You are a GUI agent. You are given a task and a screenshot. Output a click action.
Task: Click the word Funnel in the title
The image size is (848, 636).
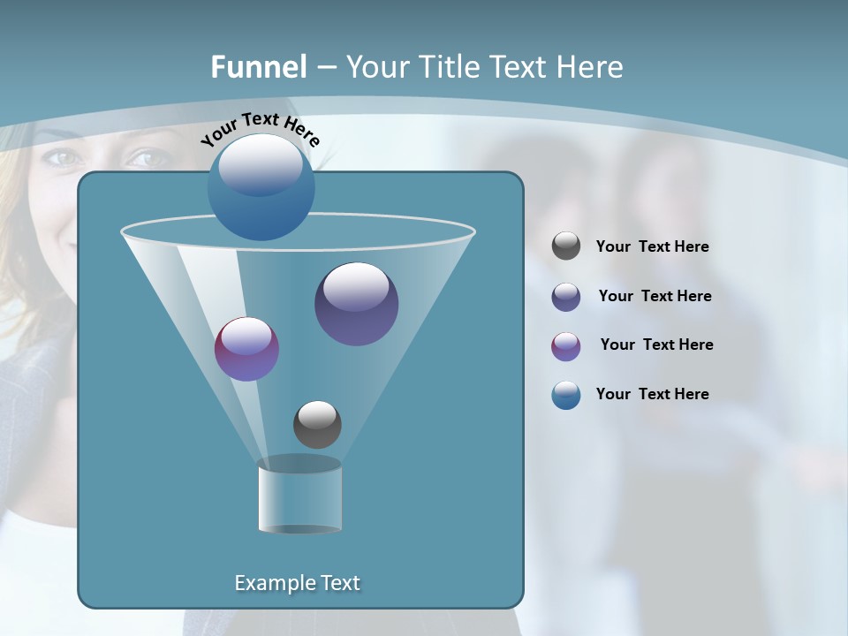click(x=258, y=67)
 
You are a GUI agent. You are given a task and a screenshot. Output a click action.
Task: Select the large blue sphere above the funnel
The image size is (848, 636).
click(x=261, y=186)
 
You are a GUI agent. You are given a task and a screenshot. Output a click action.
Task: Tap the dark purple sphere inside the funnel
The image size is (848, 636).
click(x=356, y=304)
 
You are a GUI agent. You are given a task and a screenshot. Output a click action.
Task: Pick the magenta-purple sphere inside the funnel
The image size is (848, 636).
click(x=246, y=349)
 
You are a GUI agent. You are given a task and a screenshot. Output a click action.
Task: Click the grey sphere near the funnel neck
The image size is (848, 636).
click(x=317, y=424)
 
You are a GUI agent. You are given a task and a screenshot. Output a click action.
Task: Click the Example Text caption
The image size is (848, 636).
click(x=297, y=583)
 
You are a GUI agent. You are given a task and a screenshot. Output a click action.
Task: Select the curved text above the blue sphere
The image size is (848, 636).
click(x=260, y=127)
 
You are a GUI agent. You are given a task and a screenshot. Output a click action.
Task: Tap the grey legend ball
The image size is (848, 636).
click(x=566, y=246)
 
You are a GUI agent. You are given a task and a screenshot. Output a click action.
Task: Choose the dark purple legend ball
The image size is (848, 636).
click(x=566, y=297)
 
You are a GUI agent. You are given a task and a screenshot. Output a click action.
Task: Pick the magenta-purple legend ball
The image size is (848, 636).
click(x=566, y=346)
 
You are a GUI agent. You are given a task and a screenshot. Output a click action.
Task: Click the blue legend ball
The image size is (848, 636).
click(x=566, y=395)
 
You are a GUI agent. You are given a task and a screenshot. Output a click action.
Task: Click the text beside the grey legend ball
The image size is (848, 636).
click(x=652, y=247)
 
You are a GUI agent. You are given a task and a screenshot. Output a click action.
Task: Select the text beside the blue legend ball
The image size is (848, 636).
click(x=652, y=394)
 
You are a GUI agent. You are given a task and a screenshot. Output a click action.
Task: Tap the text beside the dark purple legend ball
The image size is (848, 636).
click(x=655, y=296)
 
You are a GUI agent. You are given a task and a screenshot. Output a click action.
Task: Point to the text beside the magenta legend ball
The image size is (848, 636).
click(x=656, y=344)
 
